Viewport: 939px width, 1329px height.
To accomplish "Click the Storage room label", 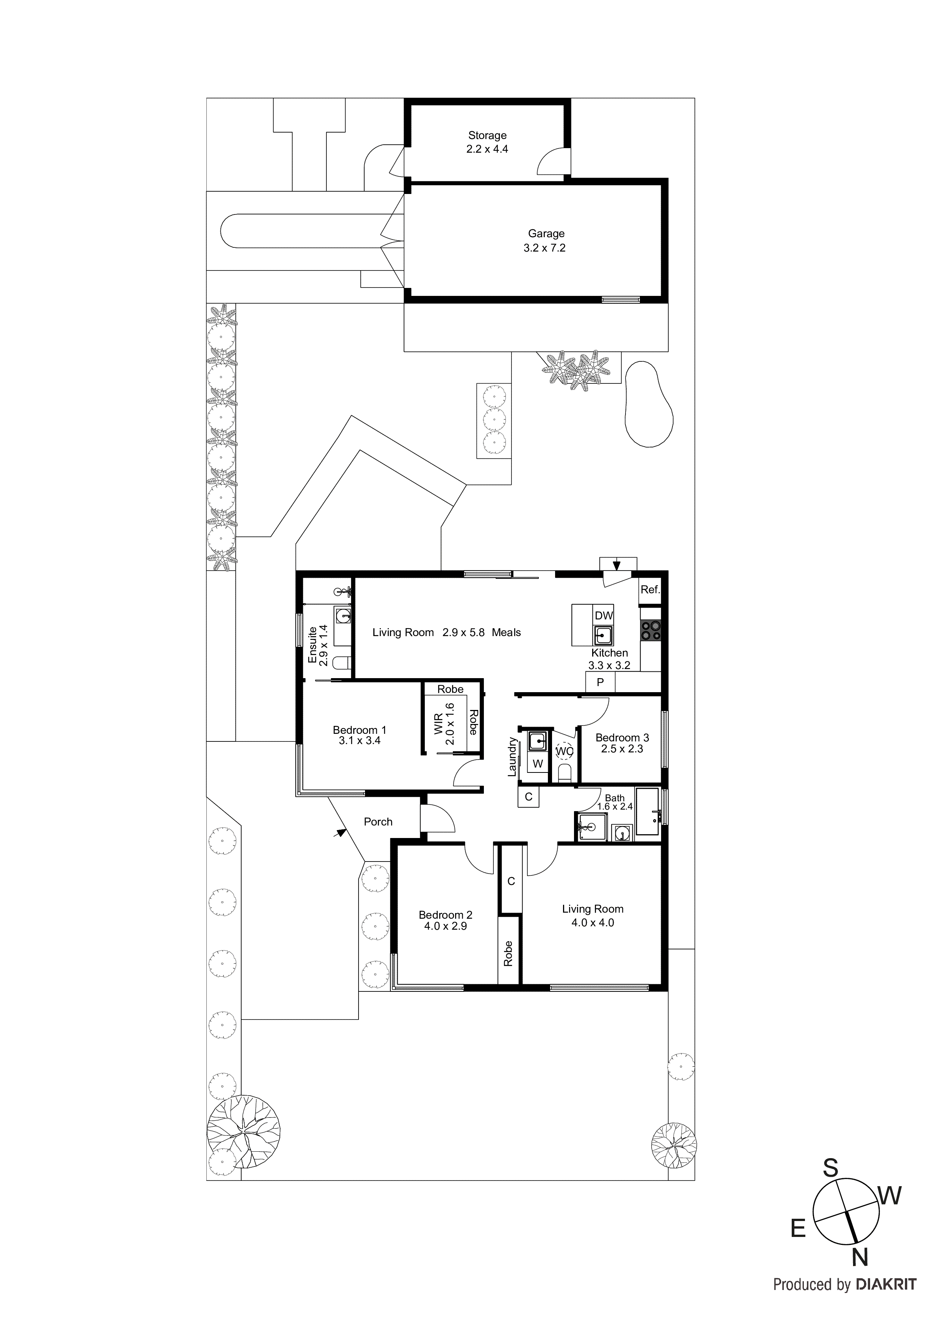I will coord(487,136).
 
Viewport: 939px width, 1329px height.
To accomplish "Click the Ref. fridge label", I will coord(650,590).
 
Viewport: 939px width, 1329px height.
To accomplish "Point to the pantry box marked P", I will coord(600,682).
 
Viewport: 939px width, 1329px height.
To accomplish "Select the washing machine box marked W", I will coord(538,763).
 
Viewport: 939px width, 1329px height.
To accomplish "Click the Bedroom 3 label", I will coord(622,738).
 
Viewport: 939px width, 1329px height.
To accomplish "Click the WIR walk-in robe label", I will coord(438,724).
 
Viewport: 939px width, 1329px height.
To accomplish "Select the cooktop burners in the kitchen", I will coord(651,630).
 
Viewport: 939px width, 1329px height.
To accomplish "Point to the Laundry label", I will coord(512,757).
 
